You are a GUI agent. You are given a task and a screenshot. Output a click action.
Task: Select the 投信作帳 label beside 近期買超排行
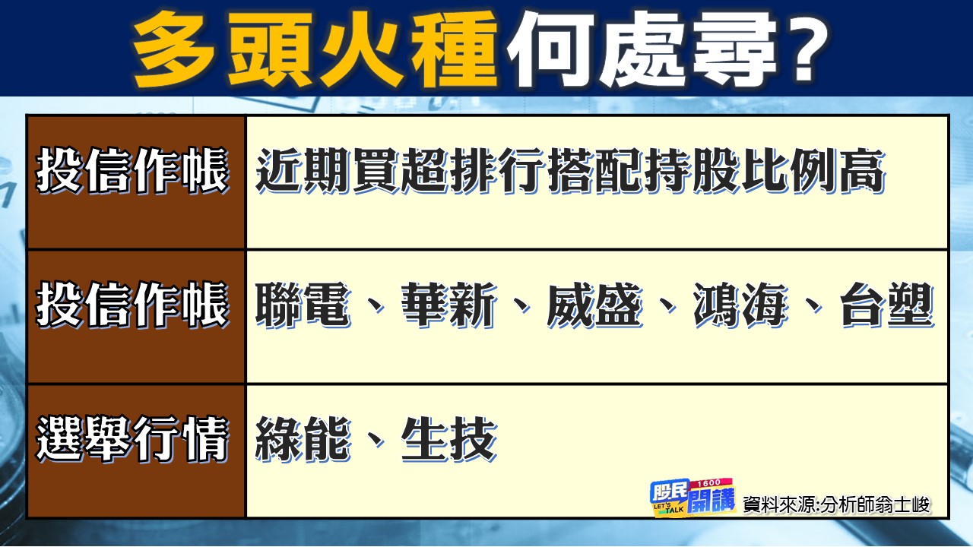coord(133,172)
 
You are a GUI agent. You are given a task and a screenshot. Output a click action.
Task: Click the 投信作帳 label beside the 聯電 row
coord(133,307)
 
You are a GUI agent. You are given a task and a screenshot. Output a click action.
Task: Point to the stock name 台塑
coord(886,306)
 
